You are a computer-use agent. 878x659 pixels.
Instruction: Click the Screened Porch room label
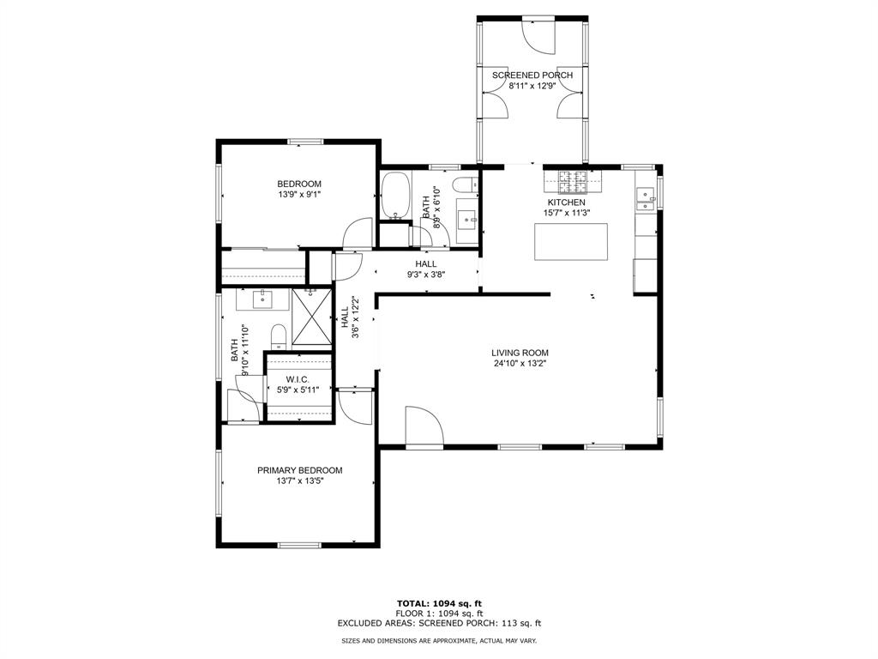532,76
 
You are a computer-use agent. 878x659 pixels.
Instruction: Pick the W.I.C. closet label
298,379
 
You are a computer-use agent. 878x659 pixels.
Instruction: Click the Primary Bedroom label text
300,470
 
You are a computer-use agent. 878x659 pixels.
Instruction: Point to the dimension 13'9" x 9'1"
299,195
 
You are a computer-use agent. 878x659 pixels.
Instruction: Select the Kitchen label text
567,203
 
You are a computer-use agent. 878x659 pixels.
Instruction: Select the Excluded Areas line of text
438,624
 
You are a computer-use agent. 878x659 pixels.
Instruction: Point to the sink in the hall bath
468,220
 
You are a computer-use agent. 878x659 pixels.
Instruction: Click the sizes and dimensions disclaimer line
438,641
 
